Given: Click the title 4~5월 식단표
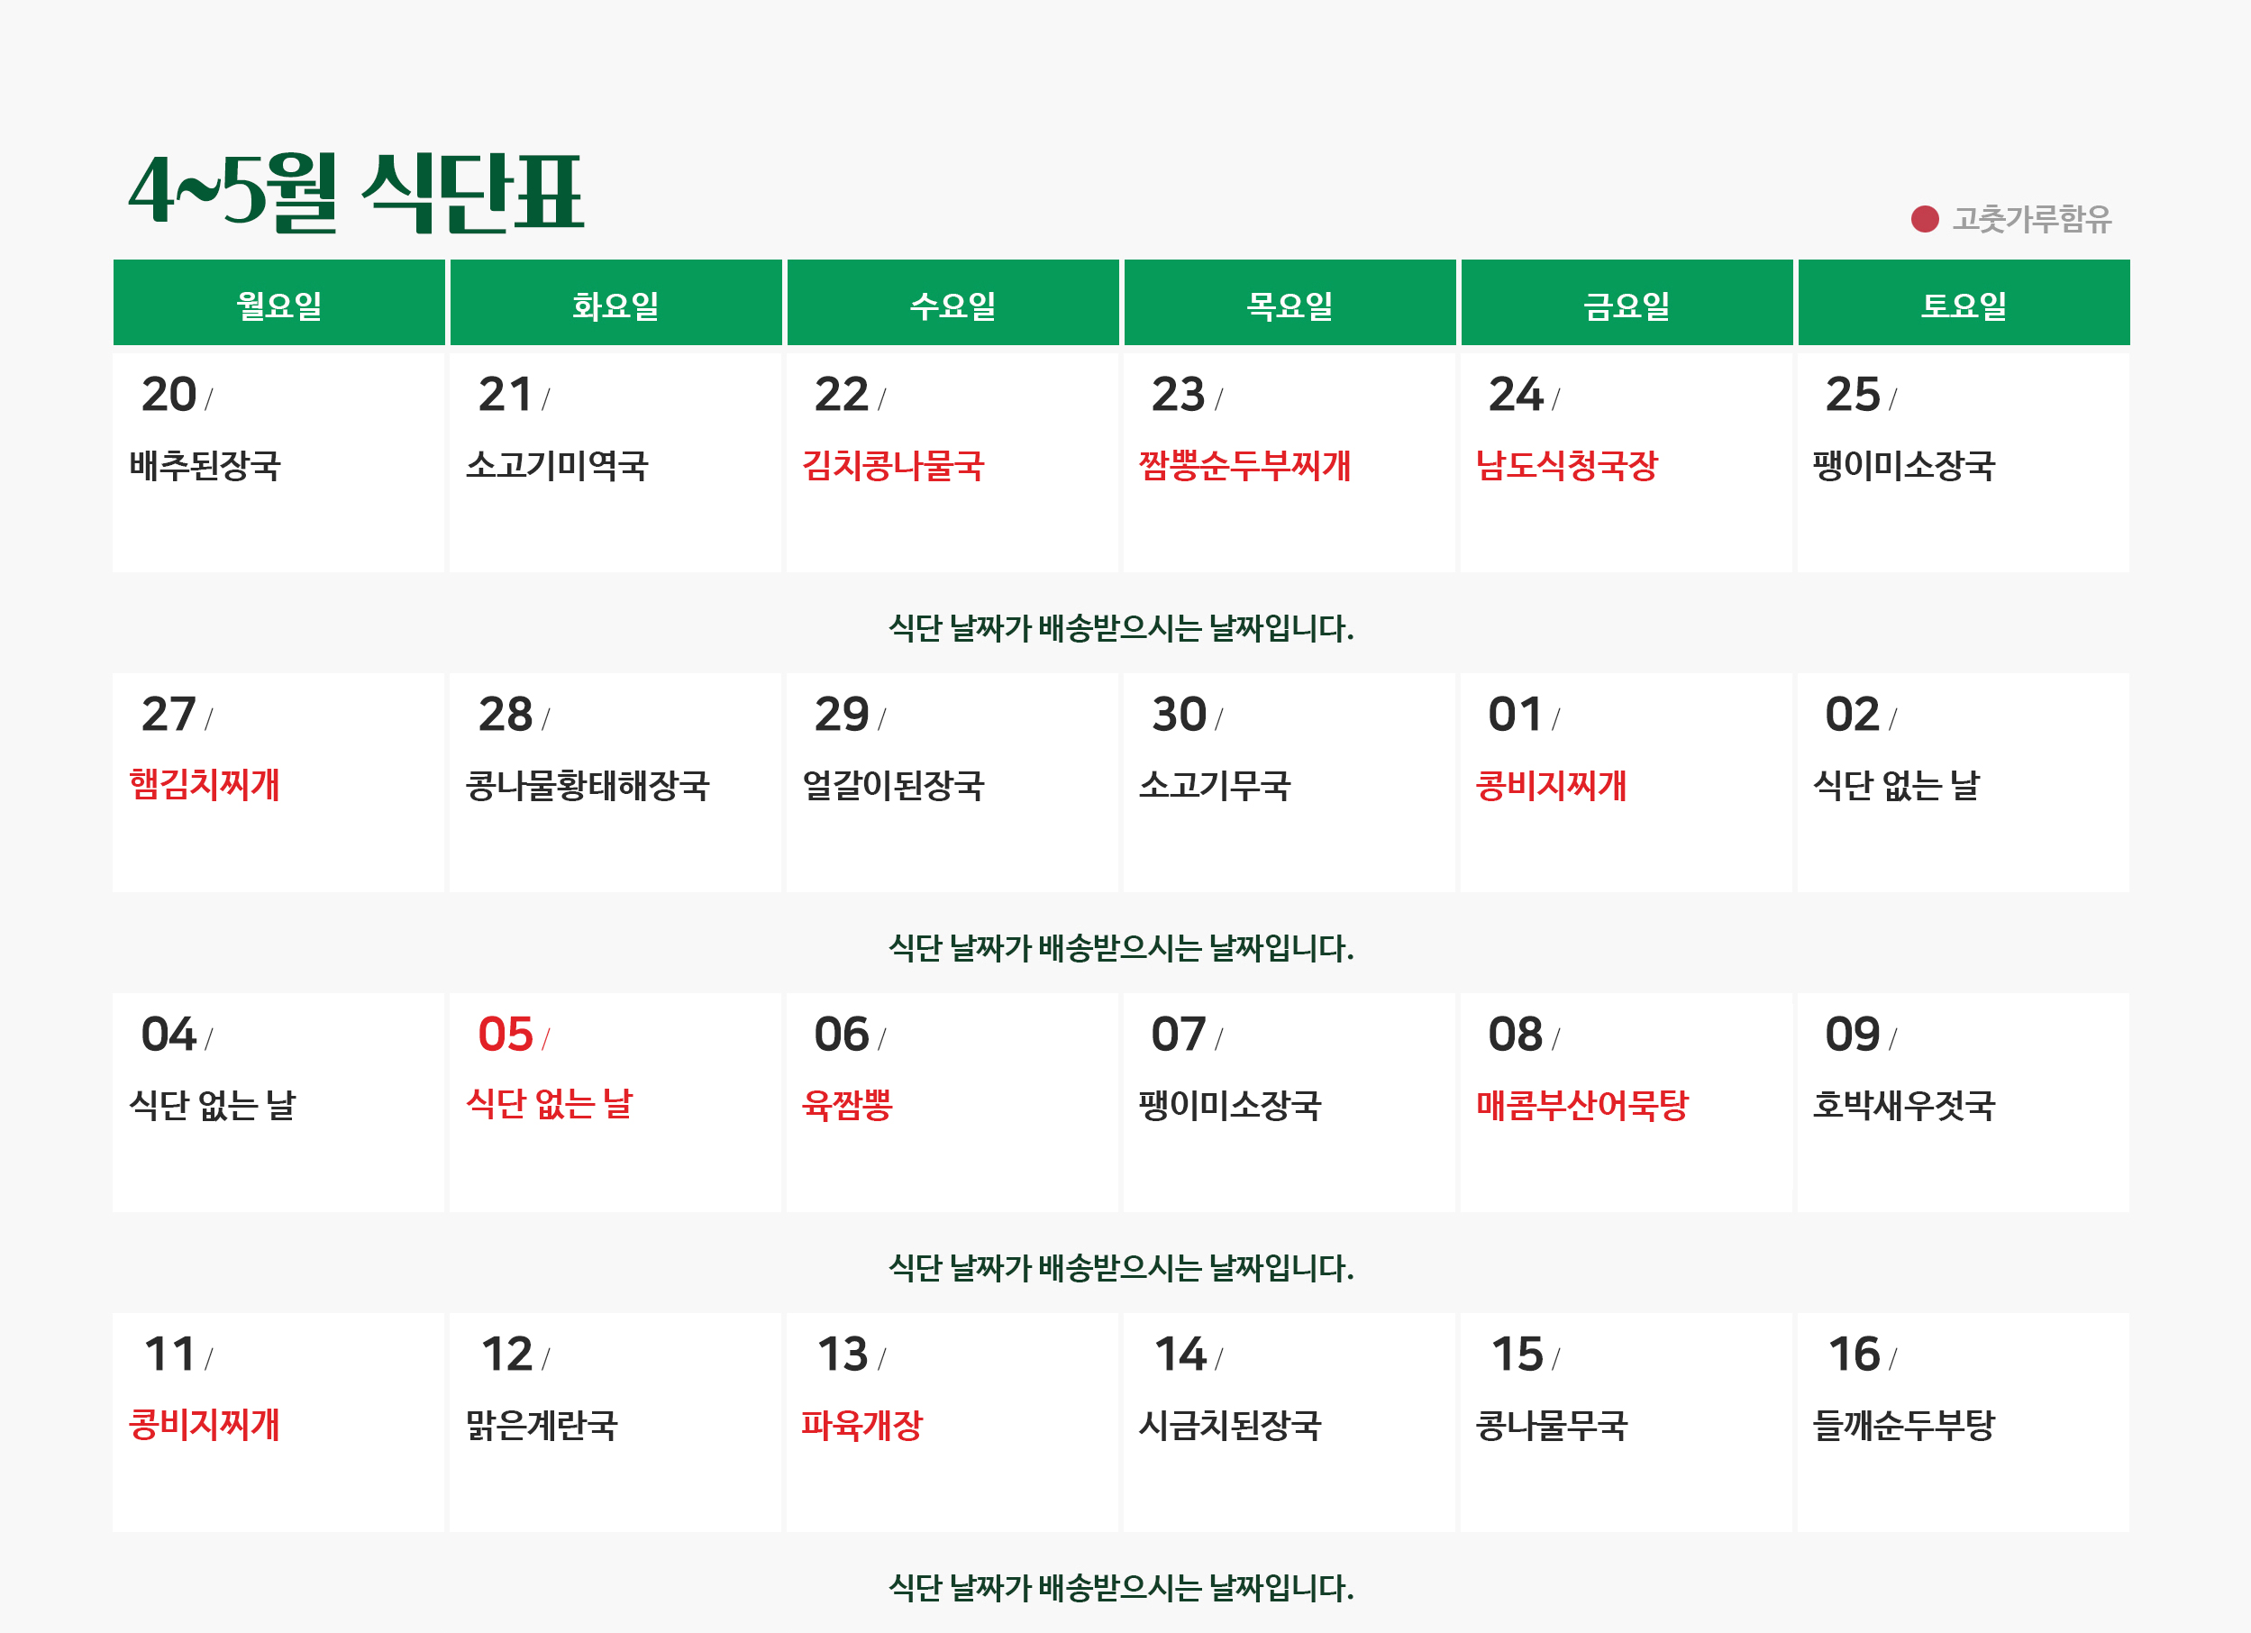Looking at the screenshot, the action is (356, 193).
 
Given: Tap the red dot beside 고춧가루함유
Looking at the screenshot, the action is (1925, 218).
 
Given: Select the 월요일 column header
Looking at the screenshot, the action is (278, 304).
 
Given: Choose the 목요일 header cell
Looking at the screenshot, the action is (1290, 304).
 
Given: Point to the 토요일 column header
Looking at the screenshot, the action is (1964, 304).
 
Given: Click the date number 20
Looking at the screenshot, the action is (169, 394).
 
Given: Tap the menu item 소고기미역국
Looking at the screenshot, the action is (557, 465).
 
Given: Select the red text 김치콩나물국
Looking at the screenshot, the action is (893, 465).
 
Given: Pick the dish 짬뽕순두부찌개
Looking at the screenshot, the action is (1244, 465).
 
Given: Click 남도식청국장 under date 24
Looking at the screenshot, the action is (1567, 465).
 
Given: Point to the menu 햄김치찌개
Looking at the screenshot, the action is (205, 784).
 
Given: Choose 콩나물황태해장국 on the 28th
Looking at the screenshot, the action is (588, 785).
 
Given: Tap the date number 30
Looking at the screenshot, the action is (1179, 714).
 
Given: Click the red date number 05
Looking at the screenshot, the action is (506, 1034).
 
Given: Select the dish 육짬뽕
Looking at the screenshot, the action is (848, 1104).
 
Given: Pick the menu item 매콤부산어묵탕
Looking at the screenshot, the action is (1582, 1104).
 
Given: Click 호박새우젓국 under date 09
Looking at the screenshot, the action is (1904, 1104).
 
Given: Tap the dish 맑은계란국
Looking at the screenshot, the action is (542, 1425).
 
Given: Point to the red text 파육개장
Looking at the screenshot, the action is (862, 1425).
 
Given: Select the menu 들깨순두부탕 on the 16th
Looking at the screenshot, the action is (1904, 1425).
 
